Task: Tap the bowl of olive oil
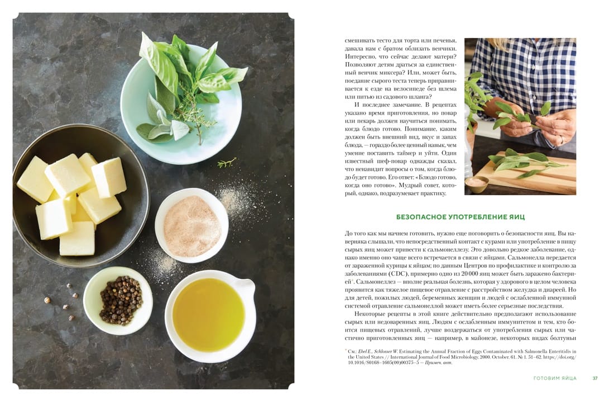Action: tap(209, 311)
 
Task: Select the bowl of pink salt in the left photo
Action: tap(191, 225)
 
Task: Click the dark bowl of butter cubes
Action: tap(80, 196)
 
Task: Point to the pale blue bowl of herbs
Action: tap(181, 105)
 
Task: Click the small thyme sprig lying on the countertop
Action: tap(227, 162)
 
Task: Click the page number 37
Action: tap(595, 379)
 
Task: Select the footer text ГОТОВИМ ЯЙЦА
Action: tap(555, 379)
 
